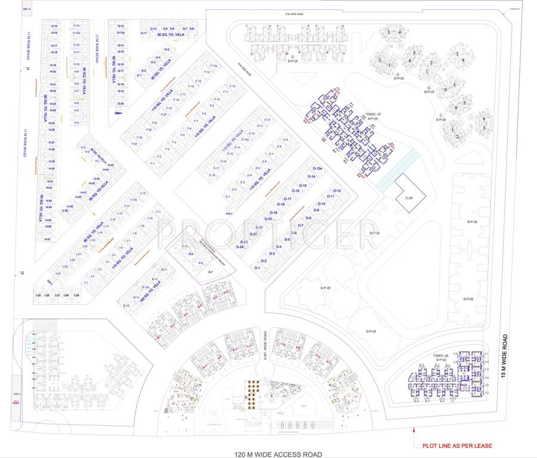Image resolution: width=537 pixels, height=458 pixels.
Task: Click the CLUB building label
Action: click(x=409, y=197)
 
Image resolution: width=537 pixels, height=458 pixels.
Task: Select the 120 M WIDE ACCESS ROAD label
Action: click(x=281, y=454)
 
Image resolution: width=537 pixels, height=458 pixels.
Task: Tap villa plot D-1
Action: click(x=257, y=268)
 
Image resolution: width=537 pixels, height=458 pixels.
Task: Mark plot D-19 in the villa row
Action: click(x=274, y=212)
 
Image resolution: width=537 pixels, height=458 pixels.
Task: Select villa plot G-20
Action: click(x=120, y=103)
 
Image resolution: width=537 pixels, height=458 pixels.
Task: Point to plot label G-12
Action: click(x=120, y=26)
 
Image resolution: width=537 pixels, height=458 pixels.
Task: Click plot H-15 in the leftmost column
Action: click(x=54, y=26)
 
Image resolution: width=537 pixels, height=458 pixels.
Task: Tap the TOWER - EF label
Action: click(x=373, y=114)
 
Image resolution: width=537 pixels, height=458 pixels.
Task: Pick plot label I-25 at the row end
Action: click(x=38, y=295)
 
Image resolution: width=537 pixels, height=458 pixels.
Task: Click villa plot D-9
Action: click(x=316, y=211)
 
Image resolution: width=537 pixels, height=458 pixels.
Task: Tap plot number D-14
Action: click(x=311, y=177)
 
